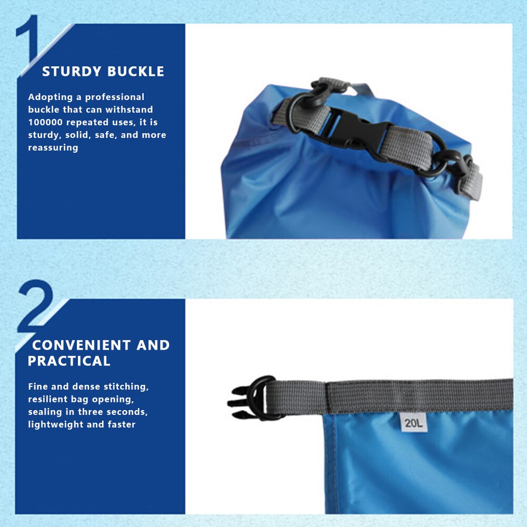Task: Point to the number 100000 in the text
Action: point(47,122)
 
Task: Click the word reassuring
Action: point(53,148)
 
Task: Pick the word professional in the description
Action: point(115,97)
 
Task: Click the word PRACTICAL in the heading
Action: point(69,361)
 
